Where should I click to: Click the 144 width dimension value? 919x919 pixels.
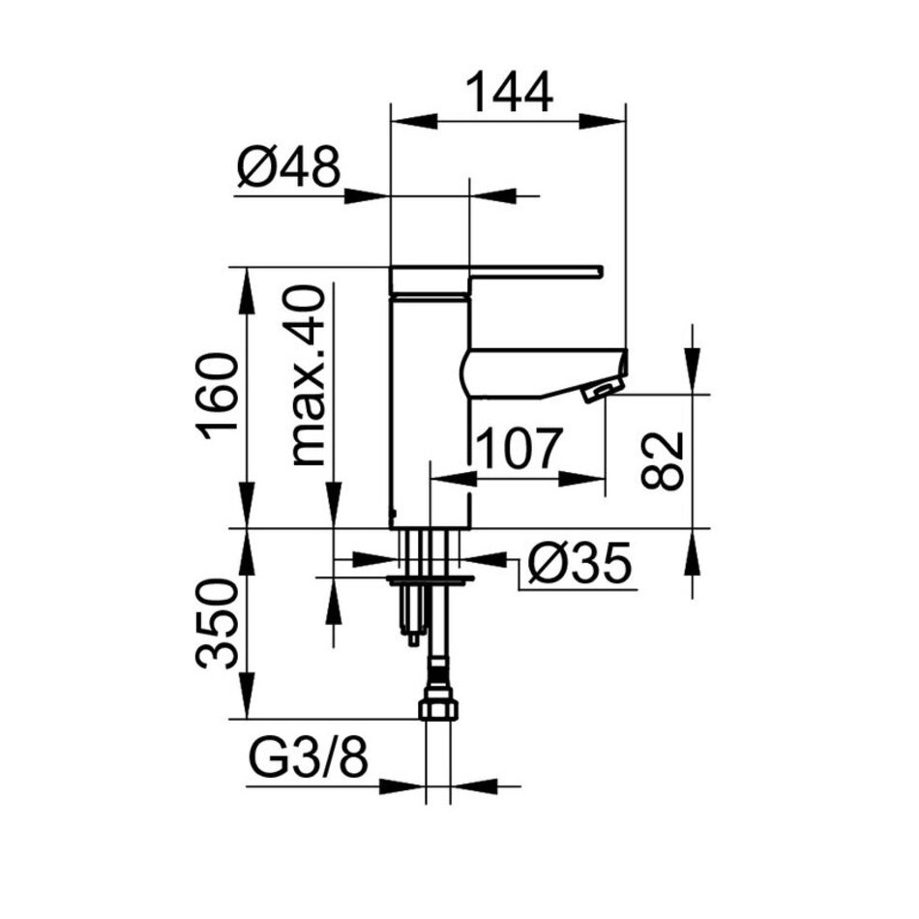click(509, 93)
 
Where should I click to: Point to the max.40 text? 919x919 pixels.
click(308, 377)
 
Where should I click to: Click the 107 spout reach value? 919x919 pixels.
click(519, 449)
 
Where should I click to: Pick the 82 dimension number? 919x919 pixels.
click(663, 461)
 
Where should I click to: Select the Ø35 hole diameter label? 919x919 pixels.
click(579, 563)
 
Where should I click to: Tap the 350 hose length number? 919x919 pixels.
click(217, 624)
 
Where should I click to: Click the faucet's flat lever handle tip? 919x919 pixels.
click(599, 270)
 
